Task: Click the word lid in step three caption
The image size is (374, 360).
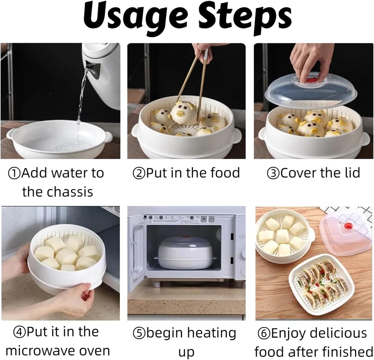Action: tap(351, 173)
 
